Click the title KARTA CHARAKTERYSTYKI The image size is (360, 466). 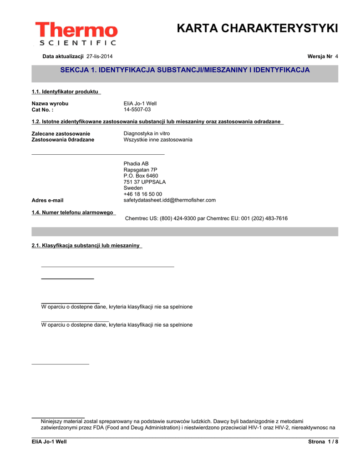coord(257,29)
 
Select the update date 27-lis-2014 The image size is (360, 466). coord(100,56)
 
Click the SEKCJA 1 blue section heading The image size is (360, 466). coord(185,70)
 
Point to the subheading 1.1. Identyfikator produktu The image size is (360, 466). coord(65,92)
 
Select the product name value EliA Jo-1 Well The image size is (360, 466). coord(140,104)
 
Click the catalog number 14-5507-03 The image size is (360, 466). coord(137,110)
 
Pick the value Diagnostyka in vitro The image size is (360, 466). coord(147,134)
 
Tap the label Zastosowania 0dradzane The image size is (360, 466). coord(63,140)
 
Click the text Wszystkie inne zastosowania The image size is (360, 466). coord(158,140)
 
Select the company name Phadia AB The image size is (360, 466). coord(136,164)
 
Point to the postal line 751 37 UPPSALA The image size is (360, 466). coord(145,182)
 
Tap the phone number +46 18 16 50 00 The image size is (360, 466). coord(142,194)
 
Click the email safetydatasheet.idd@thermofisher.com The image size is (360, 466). coord(170,200)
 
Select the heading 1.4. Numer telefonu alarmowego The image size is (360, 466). coord(72,213)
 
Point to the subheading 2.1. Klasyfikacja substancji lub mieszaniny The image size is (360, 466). coord(86,246)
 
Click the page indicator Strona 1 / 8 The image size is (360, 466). coord(323,442)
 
